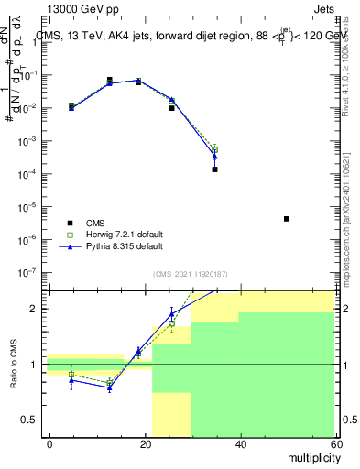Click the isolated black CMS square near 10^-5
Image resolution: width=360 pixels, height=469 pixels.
coord(287,219)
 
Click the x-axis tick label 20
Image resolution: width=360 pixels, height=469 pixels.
coord(146,442)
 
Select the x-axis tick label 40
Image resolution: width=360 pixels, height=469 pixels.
coord(241,442)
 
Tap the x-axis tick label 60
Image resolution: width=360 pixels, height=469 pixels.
coord(334,442)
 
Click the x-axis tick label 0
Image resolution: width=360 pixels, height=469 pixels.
coord(50,442)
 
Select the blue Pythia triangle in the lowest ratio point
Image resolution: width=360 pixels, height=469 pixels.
coord(110,388)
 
